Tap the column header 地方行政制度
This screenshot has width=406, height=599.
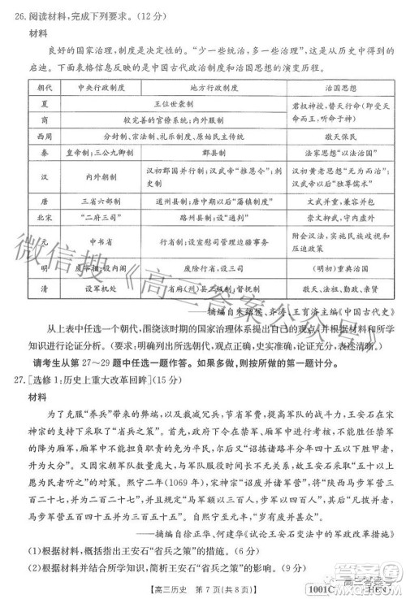pos(212,85)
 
